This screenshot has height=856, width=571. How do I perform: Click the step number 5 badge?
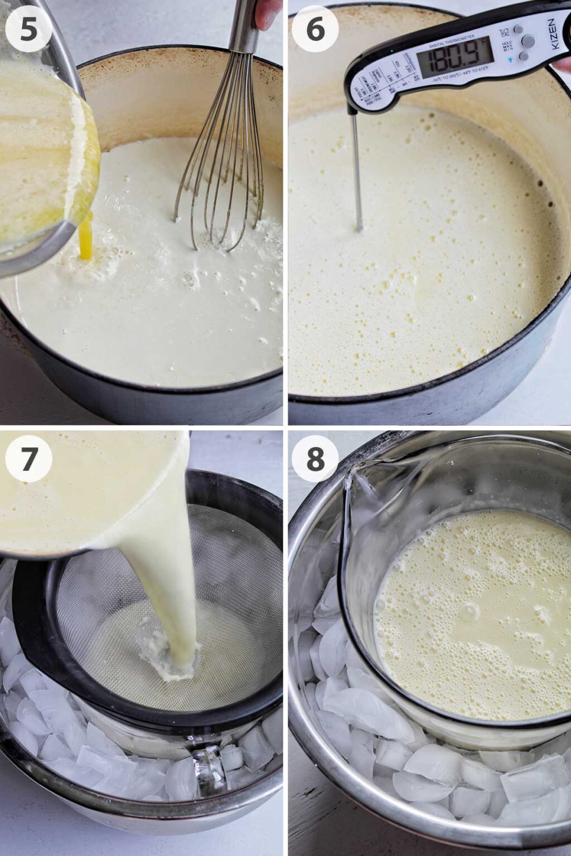pyautogui.click(x=28, y=29)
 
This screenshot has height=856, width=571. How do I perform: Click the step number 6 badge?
pyautogui.click(x=315, y=29)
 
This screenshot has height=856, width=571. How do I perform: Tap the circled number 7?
pyautogui.click(x=28, y=459)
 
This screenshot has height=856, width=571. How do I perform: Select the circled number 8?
pyautogui.click(x=315, y=459)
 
